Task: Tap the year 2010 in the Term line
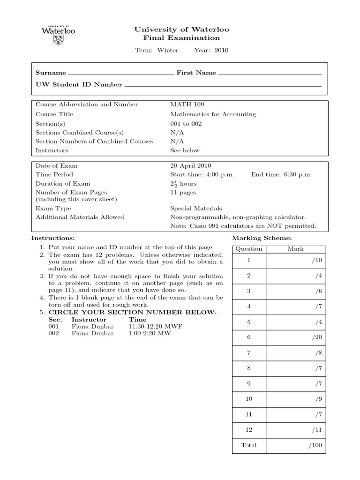tap(221, 50)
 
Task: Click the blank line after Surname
tap(120, 74)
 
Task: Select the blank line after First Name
tap(270, 74)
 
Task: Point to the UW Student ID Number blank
tap(223, 86)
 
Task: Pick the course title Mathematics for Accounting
tap(213, 114)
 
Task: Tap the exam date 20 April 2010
tap(190, 165)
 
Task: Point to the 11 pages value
tap(183, 192)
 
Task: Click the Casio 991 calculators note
tap(243, 226)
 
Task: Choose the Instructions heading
tap(53, 239)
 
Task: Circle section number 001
tap(53, 326)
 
